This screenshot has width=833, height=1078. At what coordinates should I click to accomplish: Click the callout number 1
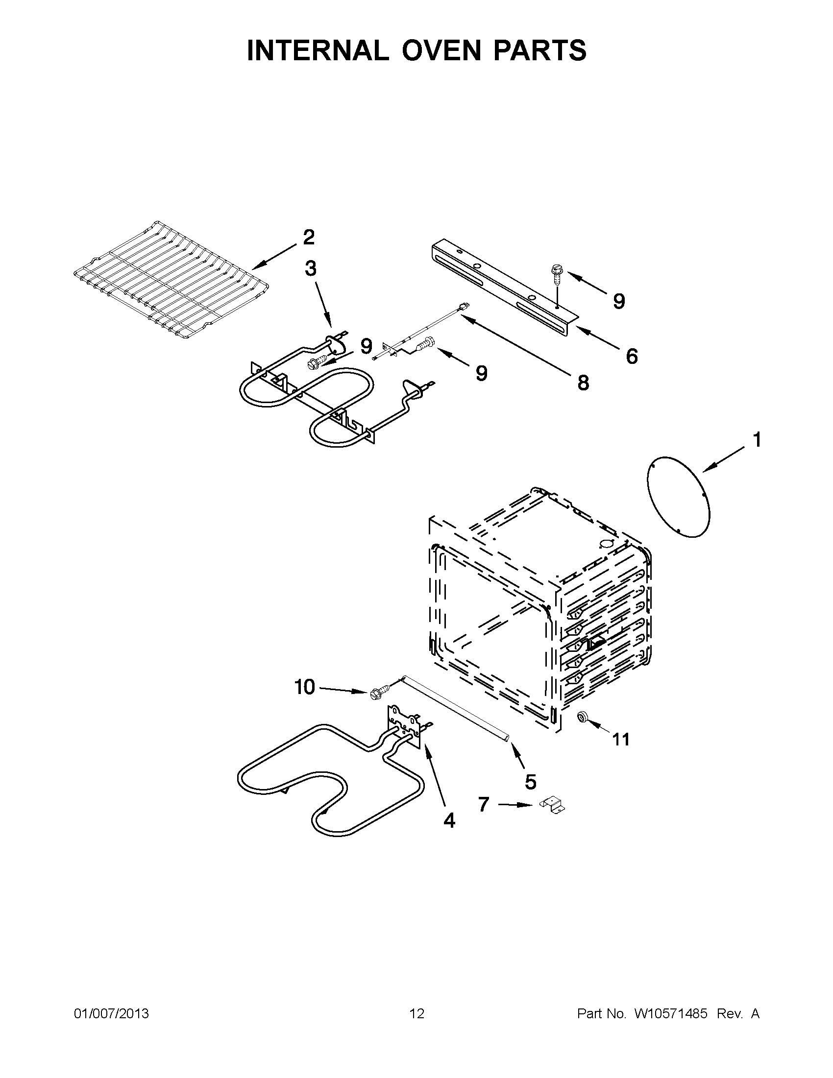click(x=757, y=439)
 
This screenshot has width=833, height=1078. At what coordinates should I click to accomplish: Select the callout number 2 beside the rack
click(x=308, y=238)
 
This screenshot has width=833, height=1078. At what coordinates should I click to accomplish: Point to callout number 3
click(x=310, y=269)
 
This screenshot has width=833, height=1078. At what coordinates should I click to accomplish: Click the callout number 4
click(x=449, y=820)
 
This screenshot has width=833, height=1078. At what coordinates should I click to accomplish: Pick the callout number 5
click(x=530, y=782)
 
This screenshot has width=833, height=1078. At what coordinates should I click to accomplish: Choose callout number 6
click(x=632, y=356)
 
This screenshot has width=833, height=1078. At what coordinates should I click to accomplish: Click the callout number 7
click(x=484, y=804)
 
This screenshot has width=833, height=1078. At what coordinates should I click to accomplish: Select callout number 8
click(x=583, y=382)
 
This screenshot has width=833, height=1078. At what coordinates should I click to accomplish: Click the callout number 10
click(x=305, y=687)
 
